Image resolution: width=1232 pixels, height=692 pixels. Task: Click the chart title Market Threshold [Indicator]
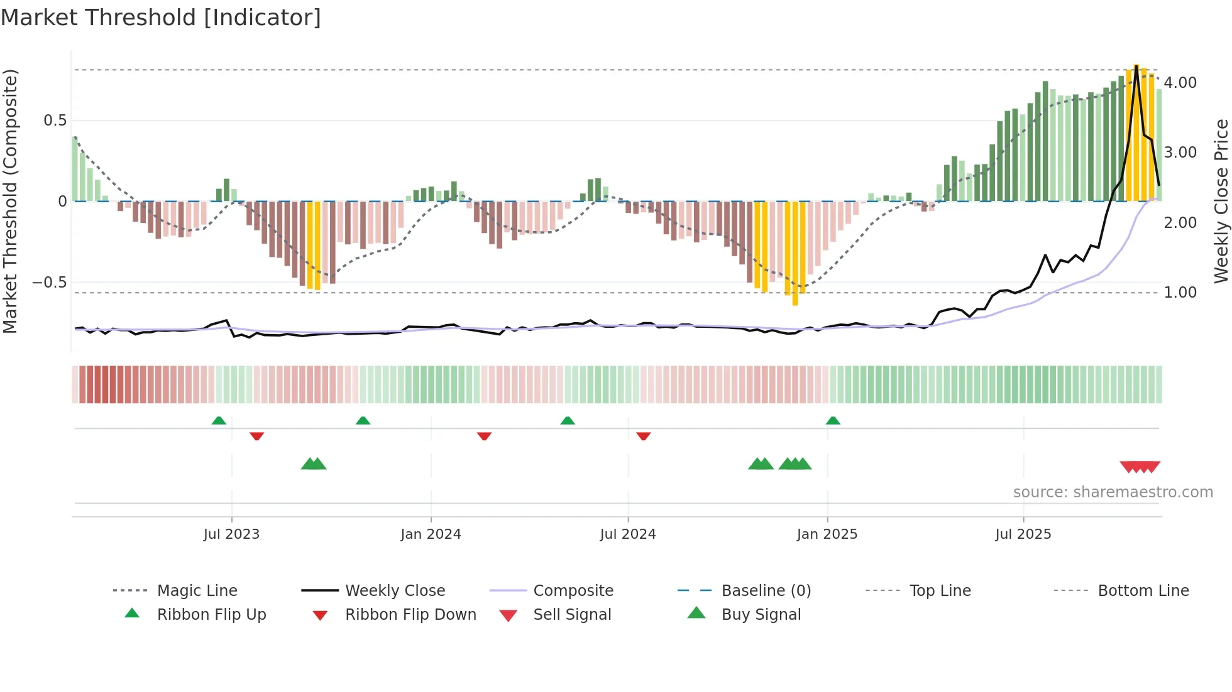point(161,18)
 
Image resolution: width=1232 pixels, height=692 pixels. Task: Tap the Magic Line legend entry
point(197,591)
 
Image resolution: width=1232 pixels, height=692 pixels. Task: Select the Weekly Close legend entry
point(395,591)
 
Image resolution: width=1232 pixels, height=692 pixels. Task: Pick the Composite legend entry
point(573,591)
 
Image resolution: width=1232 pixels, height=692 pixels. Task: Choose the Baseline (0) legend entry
point(766,591)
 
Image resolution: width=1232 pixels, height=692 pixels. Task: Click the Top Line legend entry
point(940,591)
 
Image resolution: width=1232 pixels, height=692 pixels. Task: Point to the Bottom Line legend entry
point(1143,591)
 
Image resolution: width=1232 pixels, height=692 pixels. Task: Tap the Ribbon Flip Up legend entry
point(211,615)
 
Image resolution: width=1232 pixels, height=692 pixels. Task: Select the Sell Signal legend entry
point(571,615)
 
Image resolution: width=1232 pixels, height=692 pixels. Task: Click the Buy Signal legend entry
point(761,615)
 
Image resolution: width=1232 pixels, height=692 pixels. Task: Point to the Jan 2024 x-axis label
point(431,534)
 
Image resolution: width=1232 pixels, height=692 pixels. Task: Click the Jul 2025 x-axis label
point(1023,534)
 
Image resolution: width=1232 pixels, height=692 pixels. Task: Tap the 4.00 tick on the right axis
point(1180,83)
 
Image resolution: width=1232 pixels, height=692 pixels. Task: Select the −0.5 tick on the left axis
point(50,283)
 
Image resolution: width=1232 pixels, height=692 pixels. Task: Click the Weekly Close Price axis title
point(1221,201)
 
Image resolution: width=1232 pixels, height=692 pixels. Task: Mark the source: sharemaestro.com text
point(1113,492)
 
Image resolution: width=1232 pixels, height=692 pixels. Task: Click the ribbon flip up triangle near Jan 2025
point(833,421)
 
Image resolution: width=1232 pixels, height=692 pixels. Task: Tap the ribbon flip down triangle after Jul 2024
point(643,436)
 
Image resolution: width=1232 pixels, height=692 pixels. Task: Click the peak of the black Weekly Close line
point(1136,65)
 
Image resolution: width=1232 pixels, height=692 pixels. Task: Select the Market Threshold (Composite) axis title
point(10,201)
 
